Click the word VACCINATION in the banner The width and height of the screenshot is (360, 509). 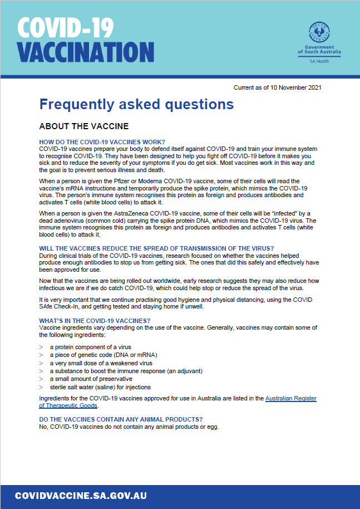click(x=85, y=52)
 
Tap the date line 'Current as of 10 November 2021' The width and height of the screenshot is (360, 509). click(x=277, y=87)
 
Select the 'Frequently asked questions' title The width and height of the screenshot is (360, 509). click(x=136, y=104)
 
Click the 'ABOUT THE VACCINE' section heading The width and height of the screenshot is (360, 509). click(x=83, y=126)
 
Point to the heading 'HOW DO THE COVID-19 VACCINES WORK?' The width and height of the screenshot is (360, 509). click(x=102, y=142)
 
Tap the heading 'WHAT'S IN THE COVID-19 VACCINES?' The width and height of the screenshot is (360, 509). click(x=95, y=321)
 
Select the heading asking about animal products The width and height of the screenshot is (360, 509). click(x=120, y=419)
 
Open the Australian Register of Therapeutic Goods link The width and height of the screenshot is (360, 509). click(x=290, y=399)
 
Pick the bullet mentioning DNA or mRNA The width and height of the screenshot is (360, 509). click(x=103, y=355)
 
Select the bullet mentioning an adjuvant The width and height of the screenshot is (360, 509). click(x=126, y=371)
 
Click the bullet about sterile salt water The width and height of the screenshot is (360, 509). click(x=100, y=387)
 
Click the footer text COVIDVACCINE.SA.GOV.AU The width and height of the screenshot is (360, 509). click(x=81, y=496)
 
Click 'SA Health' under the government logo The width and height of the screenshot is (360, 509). click(x=319, y=60)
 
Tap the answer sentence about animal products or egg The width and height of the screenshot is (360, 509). click(x=129, y=427)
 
